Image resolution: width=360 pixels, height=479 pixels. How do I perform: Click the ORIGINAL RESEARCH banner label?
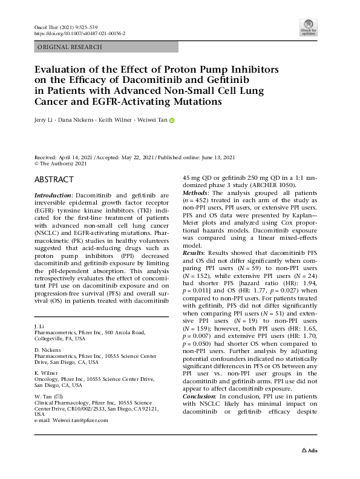coord(70,47)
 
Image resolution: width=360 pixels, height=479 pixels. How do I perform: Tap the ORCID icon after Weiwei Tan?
coord(172,121)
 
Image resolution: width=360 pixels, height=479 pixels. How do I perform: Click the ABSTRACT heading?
coord(54,180)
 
